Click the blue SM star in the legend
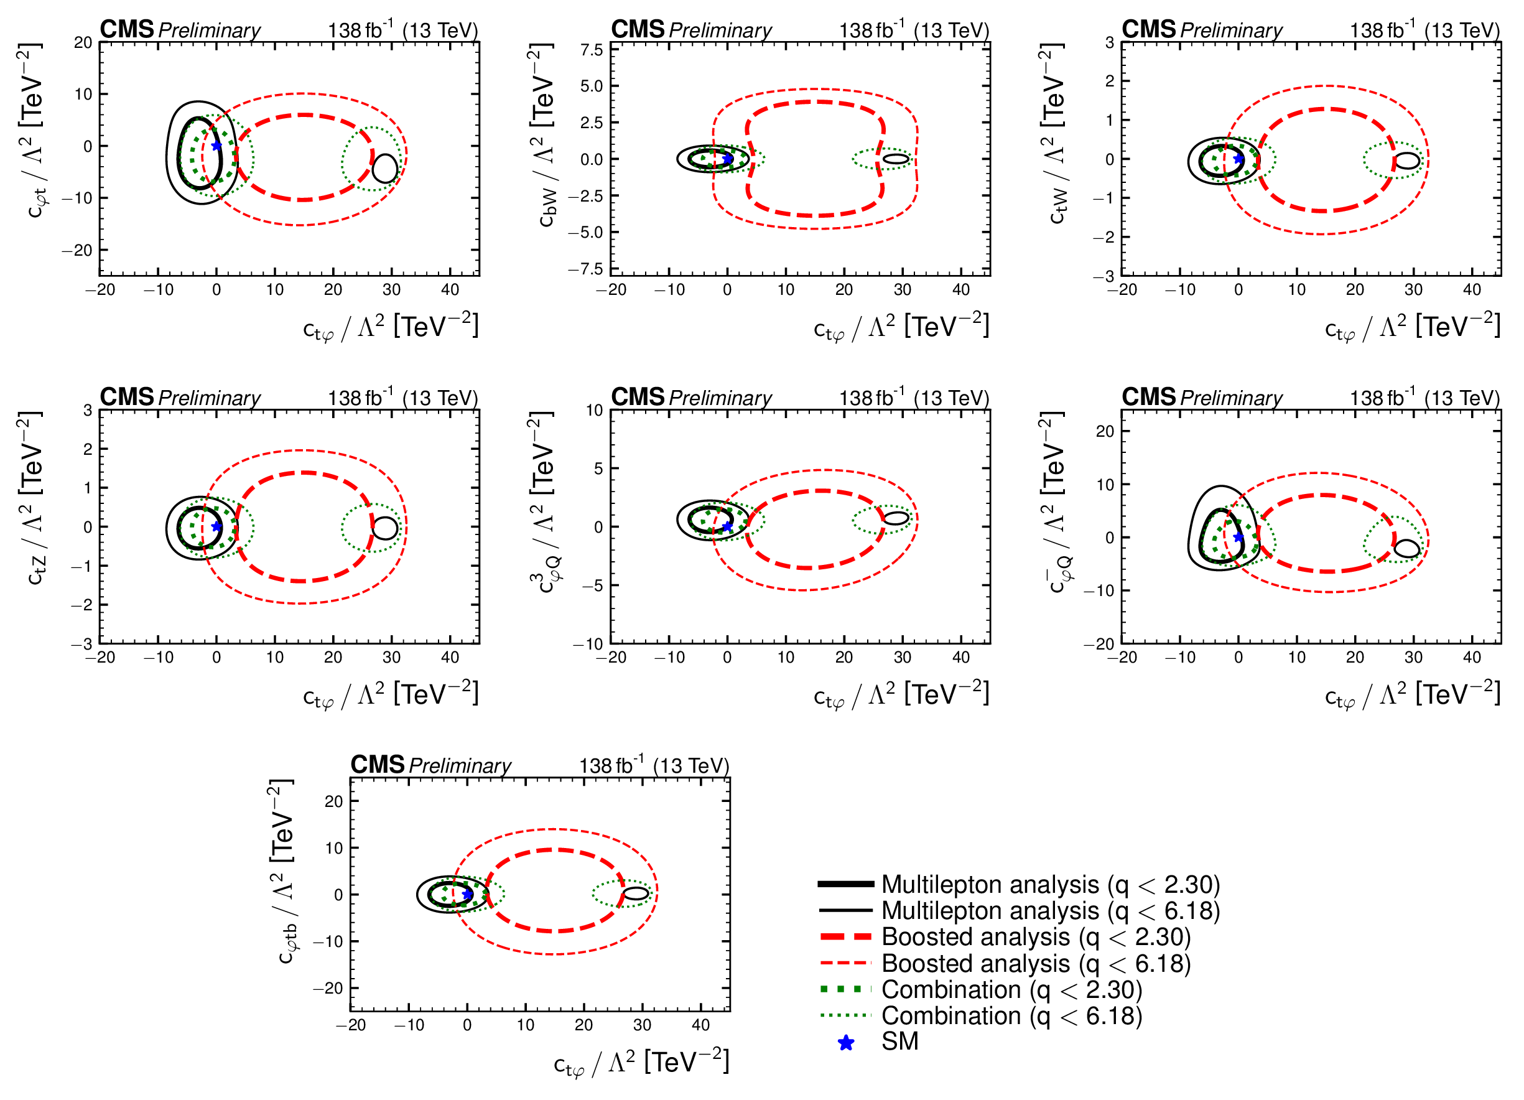846,1043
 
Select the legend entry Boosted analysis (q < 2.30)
1036,937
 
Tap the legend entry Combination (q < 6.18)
1011,1015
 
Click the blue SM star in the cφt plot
216,146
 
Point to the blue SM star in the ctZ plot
216,527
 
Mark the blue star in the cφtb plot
467,895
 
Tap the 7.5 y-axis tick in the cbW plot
592,50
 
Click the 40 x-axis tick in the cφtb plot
700,1025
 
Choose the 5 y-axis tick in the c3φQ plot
598,468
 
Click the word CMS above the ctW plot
1148,30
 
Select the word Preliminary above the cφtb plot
460,765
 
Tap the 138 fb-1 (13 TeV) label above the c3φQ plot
914,398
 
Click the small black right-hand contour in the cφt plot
385,168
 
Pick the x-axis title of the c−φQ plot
1412,695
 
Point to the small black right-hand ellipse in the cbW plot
896,159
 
